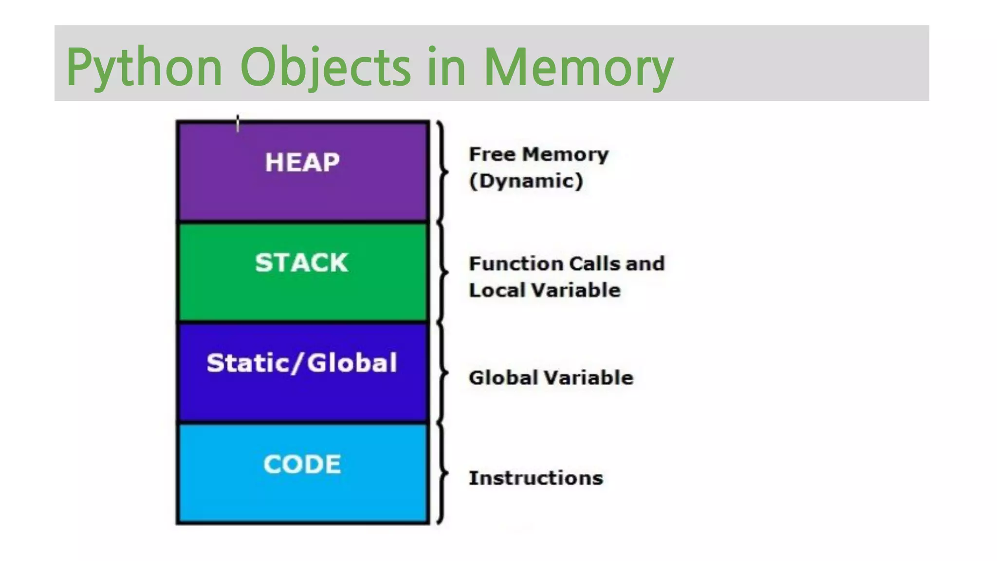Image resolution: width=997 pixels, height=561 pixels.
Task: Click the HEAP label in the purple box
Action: coord(302,162)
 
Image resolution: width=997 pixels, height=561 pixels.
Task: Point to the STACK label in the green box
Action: coord(302,262)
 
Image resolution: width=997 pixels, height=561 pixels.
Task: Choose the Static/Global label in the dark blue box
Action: coord(302,363)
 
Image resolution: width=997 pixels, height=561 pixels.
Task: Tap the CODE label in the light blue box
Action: coord(302,464)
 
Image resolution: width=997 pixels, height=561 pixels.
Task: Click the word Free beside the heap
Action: coord(492,154)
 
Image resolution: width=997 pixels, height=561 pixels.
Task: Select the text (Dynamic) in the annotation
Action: coord(526,181)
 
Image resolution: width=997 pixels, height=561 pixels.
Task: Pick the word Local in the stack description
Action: coord(496,290)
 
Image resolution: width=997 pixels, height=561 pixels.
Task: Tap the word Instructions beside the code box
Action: coord(535,478)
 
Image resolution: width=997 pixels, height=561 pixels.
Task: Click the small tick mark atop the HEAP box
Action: coord(238,123)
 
